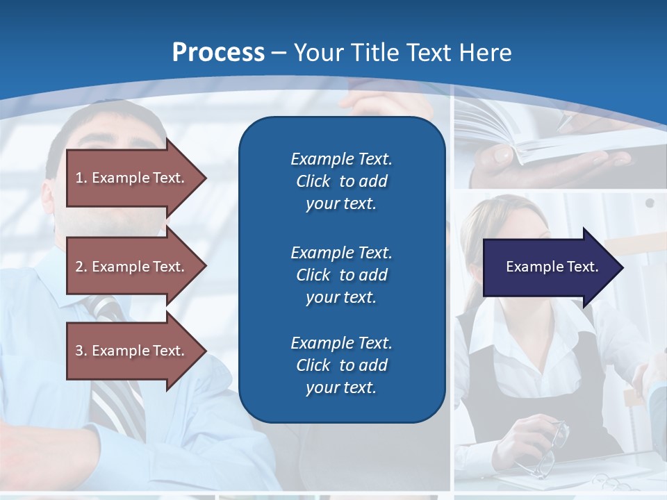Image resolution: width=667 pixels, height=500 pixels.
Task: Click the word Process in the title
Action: pyautogui.click(x=218, y=53)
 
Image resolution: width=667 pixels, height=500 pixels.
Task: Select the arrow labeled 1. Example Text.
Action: pyautogui.click(x=132, y=178)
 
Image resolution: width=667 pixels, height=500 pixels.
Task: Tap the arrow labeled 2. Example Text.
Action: pyautogui.click(x=132, y=267)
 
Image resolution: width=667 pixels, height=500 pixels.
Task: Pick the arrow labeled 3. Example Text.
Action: pyautogui.click(x=132, y=351)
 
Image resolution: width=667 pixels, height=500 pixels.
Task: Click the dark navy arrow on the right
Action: pyautogui.click(x=549, y=267)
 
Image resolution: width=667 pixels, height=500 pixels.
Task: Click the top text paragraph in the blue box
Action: pyautogui.click(x=341, y=181)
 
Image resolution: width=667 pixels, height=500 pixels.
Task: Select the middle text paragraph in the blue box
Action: pyautogui.click(x=341, y=275)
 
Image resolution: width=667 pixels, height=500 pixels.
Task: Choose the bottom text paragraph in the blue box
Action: pyautogui.click(x=341, y=365)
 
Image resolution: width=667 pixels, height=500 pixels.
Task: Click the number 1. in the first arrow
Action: pyautogui.click(x=81, y=178)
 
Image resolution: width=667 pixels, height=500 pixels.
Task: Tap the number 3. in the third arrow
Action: pyautogui.click(x=81, y=351)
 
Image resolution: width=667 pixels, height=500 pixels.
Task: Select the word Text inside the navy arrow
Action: pyautogui.click(x=583, y=267)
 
